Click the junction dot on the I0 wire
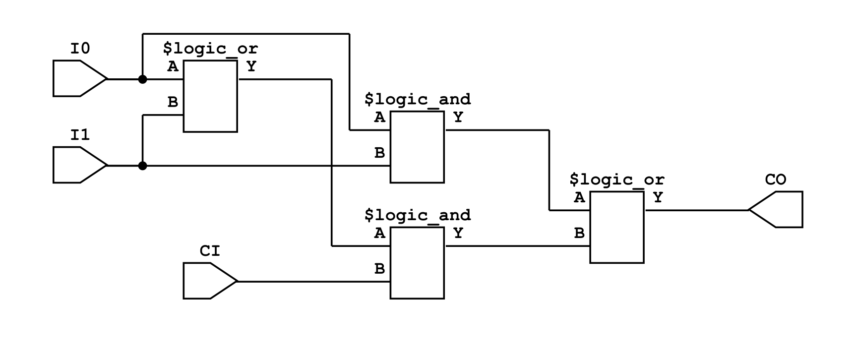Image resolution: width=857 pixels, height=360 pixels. pyautogui.click(x=142, y=79)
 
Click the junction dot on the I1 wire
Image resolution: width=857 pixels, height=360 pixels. pyautogui.click(x=142, y=166)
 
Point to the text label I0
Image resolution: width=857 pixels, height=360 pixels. pyautogui.click(x=80, y=49)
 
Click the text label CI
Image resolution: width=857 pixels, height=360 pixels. pyautogui.click(x=210, y=251)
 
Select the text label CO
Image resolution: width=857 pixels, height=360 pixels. pyautogui.click(x=776, y=180)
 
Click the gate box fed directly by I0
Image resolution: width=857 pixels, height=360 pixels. pyautogui.click(x=210, y=96)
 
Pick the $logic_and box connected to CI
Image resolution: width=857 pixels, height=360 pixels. pyautogui.click(x=417, y=263)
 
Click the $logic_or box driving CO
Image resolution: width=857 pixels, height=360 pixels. pyautogui.click(x=616, y=227)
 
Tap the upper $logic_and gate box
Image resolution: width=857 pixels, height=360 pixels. pyautogui.click(x=417, y=147)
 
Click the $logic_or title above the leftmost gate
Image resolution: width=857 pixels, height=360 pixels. pyautogui.click(x=210, y=49)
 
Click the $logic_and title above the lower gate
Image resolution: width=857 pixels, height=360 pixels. pyautogui.click(x=417, y=215)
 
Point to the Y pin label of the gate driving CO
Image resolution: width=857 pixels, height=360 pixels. pyautogui.click(x=658, y=198)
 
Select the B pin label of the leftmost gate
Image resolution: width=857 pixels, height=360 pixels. pyautogui.click(x=173, y=102)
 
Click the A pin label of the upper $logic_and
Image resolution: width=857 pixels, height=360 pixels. pyautogui.click(x=379, y=118)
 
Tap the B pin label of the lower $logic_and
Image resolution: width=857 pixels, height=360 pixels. pyautogui.click(x=379, y=269)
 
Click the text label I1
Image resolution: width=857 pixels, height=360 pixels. pyautogui.click(x=80, y=135)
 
